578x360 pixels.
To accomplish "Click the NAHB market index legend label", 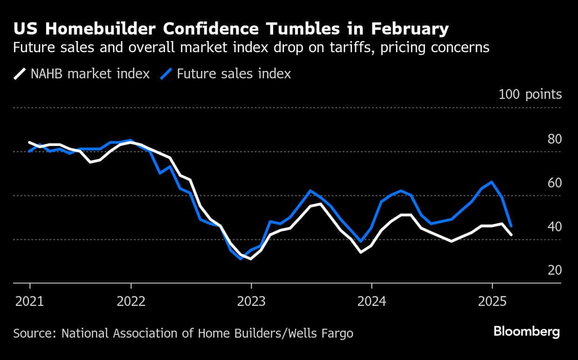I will tap(90, 74).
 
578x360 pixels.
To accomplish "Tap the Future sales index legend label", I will tap(234, 74).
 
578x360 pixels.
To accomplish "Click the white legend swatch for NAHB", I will tap(20, 74).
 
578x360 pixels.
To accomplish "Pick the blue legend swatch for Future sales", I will tap(166, 74).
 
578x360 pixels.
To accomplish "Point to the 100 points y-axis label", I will tap(530, 95).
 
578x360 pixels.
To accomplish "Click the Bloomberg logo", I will tap(526, 332).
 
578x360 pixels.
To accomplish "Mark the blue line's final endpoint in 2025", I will tap(512, 226).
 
